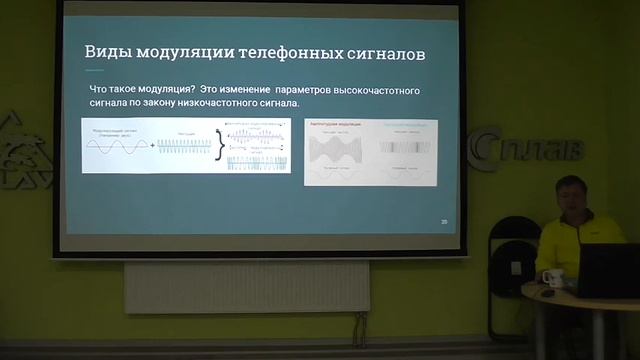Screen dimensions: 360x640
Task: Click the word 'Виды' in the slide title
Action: click(x=104, y=50)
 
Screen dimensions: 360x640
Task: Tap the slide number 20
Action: click(x=443, y=221)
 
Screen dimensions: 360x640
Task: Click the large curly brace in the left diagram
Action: click(x=219, y=146)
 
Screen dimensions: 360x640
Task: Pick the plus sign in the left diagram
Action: click(x=152, y=146)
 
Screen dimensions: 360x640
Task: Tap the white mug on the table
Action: click(x=546, y=276)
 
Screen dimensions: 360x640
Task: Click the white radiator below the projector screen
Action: click(x=245, y=286)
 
